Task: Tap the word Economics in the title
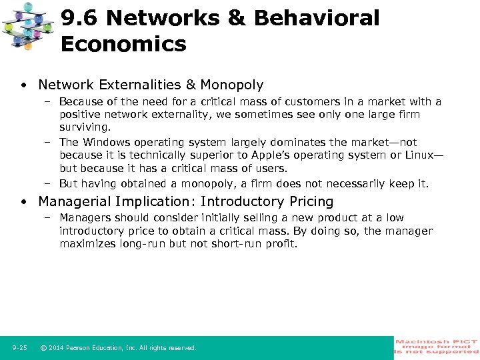[x=123, y=45]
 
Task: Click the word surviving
[x=84, y=127]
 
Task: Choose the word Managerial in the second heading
[x=75, y=201]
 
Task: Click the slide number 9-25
[x=19, y=348]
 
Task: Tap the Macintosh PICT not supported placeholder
[x=437, y=347]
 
